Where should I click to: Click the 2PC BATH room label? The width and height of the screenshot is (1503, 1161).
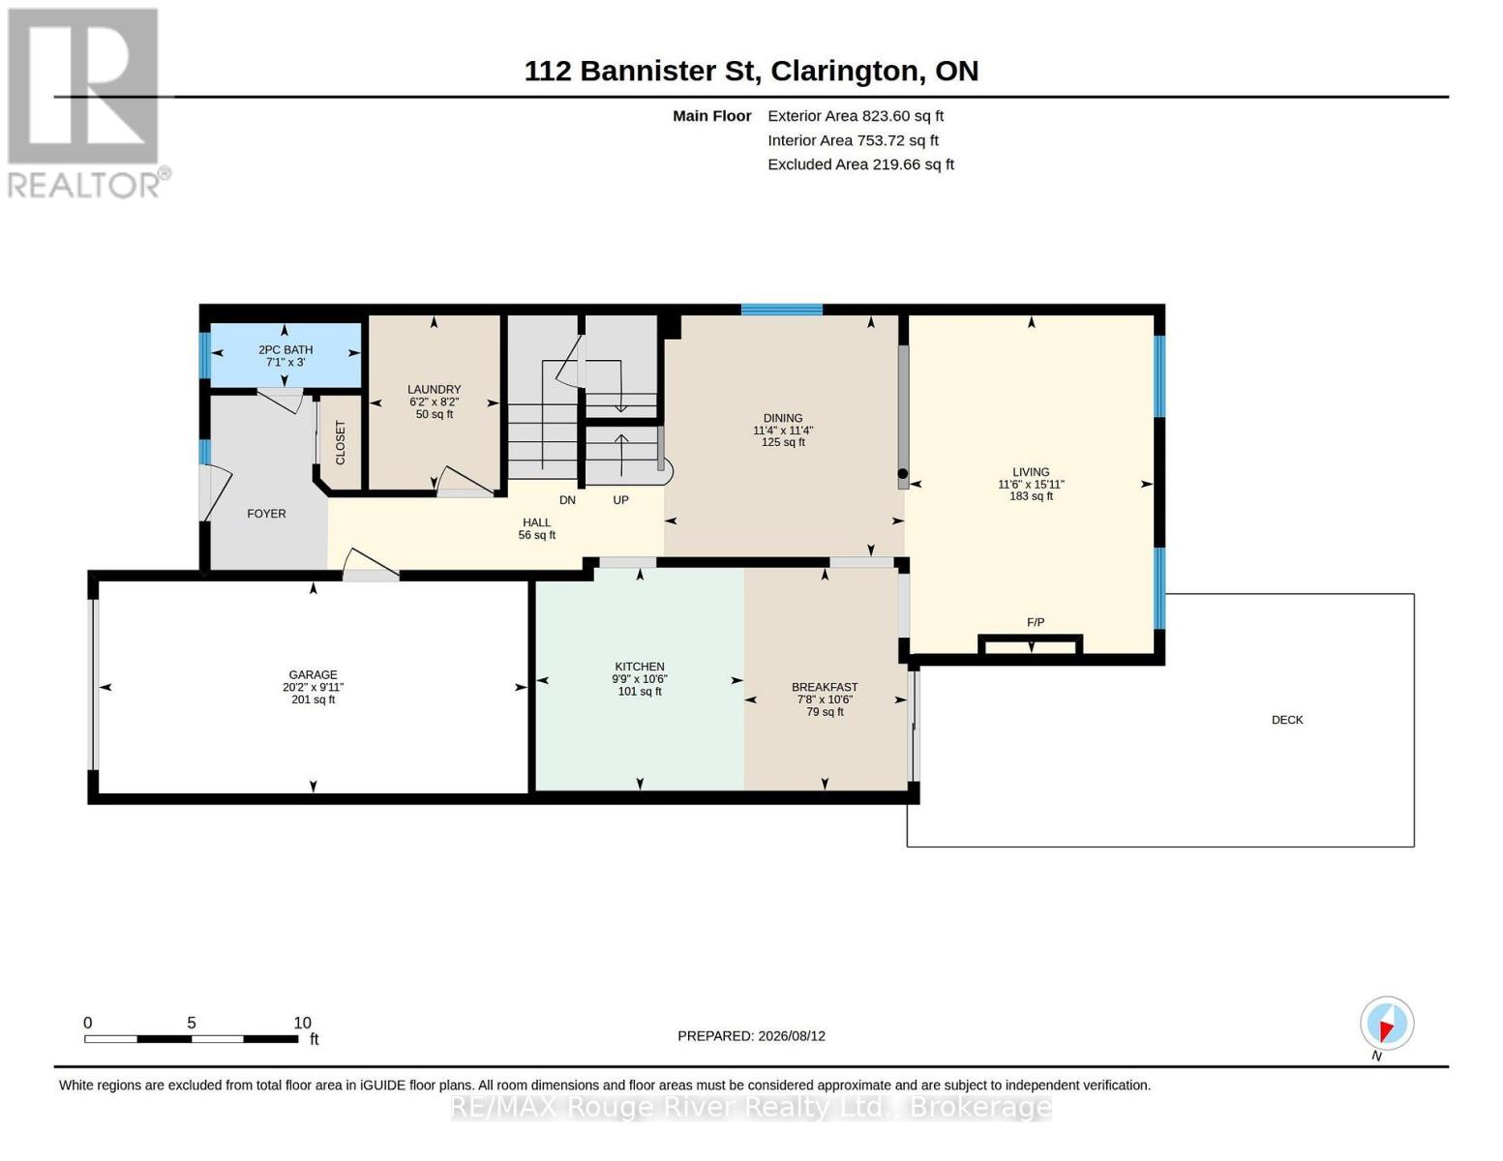point(285,350)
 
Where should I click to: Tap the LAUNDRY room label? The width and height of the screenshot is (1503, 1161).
point(434,389)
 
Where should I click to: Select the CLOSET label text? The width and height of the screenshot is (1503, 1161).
point(341,442)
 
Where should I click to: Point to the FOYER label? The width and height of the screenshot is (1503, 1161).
point(266,514)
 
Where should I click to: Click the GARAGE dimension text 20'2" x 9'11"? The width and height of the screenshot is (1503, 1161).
point(313,687)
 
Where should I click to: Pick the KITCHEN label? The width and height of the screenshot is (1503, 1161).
point(639,667)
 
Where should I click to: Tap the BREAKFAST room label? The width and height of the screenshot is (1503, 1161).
point(825,687)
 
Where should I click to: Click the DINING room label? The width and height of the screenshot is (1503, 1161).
point(783,418)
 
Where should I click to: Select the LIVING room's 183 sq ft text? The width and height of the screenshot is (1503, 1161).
point(1031,496)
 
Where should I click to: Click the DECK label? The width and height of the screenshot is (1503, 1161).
point(1287,720)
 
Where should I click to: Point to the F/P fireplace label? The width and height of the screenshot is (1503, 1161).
point(1036,622)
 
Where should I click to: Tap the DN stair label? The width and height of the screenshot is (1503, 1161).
point(567,500)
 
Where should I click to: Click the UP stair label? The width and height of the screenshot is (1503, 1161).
point(620,500)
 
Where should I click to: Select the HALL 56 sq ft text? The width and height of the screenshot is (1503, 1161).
point(537,535)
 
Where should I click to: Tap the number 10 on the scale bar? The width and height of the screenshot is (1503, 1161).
point(302,1023)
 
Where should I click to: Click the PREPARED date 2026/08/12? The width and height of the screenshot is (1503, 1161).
point(792,1036)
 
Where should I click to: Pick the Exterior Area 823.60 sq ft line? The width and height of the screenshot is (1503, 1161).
point(856,116)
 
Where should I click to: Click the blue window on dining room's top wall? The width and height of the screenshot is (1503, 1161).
point(782,309)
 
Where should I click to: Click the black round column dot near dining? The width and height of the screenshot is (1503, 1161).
point(903,474)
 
